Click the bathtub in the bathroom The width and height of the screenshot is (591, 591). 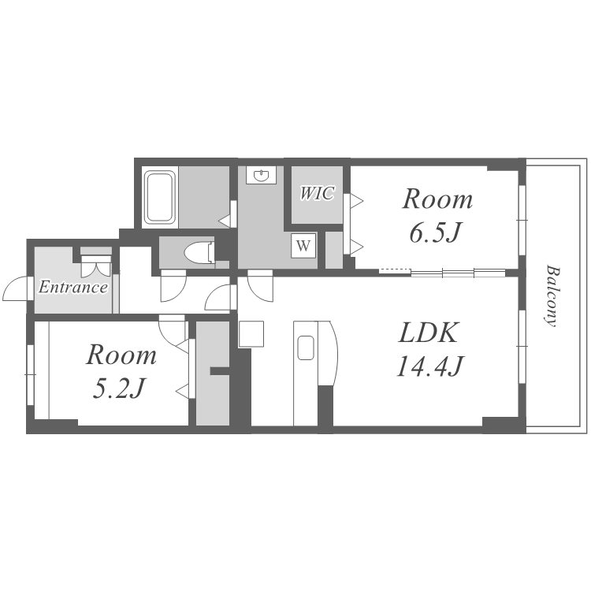point(160,197)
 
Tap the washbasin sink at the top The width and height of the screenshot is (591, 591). point(261,175)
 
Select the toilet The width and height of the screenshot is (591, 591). point(200,251)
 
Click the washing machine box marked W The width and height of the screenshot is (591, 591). point(303,246)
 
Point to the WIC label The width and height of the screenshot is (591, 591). point(317,193)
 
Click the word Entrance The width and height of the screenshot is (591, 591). point(73,287)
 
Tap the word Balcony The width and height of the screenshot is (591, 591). point(551,295)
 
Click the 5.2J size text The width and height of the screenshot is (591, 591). point(118,388)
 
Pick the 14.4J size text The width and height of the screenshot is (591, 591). point(429,366)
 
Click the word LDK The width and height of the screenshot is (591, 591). point(429,333)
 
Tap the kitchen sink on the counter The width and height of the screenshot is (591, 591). point(306,348)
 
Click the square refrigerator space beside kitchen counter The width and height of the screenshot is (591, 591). point(251,333)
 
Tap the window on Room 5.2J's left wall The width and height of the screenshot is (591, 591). point(31,374)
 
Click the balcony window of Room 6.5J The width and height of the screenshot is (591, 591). point(522,220)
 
